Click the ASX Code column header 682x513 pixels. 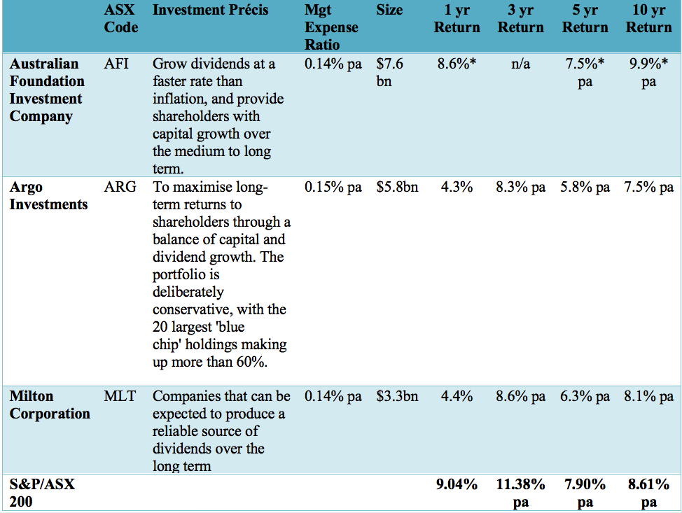click(120, 19)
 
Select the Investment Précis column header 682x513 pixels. click(210, 10)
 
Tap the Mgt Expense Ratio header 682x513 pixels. click(331, 27)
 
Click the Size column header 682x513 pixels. click(389, 10)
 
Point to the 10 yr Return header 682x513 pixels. click(648, 19)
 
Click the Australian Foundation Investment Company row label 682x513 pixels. click(46, 90)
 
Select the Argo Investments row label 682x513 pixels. click(48, 196)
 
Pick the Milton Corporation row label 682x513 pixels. click(50, 405)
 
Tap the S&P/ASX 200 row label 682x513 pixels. click(42, 493)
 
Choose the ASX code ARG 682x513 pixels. click(120, 188)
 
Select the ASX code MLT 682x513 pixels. click(120, 396)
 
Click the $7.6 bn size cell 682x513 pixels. click(389, 73)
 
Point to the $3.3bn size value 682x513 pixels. click(397, 396)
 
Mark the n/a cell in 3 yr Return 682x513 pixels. click(520, 64)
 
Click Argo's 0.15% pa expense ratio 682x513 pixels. click(333, 188)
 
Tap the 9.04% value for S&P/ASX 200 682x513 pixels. click(457, 484)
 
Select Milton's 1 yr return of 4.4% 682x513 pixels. click(457, 396)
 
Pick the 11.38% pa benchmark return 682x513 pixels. click(520, 493)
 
